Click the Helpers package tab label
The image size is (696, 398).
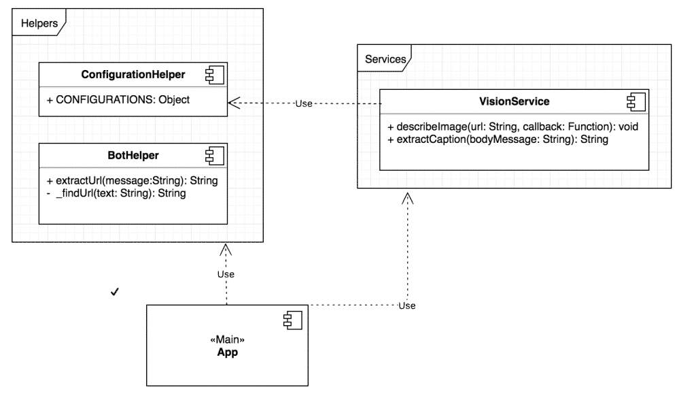39,24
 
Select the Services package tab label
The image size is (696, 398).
385,59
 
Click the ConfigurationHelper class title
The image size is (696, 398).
133,75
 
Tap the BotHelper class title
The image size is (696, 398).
133,155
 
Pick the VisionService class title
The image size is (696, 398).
514,101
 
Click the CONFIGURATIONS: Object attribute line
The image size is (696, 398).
118,99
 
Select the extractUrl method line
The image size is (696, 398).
132,181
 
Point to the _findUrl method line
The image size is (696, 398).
120,193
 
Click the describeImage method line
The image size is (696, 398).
512,127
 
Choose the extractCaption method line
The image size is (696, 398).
498,139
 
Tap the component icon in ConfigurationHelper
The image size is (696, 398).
215,75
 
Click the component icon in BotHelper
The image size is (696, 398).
215,155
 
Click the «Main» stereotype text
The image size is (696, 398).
227,339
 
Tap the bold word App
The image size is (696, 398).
227,352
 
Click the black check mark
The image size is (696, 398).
115,292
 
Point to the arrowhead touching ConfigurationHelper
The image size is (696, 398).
233,103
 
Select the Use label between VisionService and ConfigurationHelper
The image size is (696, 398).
304,103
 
